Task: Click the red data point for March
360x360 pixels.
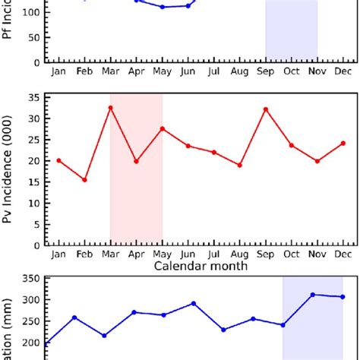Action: [110, 107]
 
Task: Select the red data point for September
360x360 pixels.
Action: [266, 109]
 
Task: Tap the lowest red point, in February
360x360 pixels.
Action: [84, 180]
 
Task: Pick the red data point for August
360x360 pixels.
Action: [240, 165]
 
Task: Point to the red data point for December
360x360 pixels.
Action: [343, 143]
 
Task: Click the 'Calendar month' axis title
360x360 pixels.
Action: [201, 267]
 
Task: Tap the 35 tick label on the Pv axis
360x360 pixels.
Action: [33, 97]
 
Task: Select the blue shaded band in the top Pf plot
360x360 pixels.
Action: [291, 30]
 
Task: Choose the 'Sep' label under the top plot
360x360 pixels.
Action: [266, 71]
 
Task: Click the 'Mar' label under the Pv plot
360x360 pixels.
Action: [110, 254]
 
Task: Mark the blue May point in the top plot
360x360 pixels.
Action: [162, 7]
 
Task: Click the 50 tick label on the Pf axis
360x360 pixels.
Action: [33, 36]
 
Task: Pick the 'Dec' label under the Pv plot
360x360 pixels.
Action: [343, 254]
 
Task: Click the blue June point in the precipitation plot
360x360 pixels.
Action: [194, 303]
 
